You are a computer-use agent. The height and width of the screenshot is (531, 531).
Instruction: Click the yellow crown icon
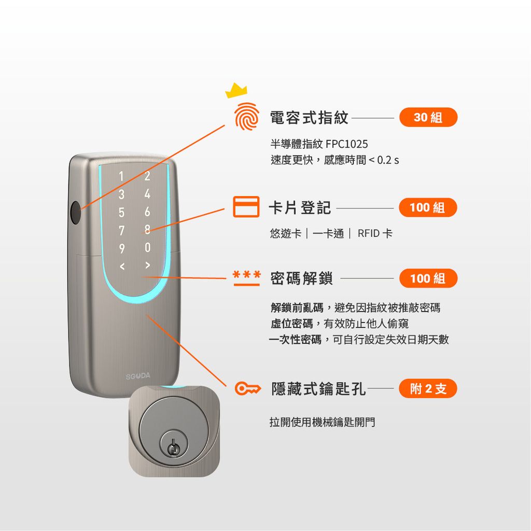(x=236, y=91)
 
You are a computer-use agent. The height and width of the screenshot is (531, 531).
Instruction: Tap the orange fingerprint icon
(x=247, y=117)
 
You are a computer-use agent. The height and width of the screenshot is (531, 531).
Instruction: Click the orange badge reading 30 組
(x=428, y=117)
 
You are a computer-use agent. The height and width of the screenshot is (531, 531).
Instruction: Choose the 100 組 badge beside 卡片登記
(x=428, y=207)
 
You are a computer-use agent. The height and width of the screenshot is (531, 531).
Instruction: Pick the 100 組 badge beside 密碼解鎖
(x=428, y=278)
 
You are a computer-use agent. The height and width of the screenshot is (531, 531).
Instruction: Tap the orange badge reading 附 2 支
(x=428, y=388)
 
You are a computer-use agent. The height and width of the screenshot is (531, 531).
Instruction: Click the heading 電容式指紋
(x=309, y=118)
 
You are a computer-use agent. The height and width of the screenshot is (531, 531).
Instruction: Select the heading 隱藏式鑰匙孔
(x=318, y=389)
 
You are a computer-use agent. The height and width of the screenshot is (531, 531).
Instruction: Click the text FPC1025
(x=347, y=144)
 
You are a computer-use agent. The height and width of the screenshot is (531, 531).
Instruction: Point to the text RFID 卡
(x=375, y=234)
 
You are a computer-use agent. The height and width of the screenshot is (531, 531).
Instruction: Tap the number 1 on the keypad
(x=121, y=177)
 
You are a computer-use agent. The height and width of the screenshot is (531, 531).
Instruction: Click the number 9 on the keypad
(x=121, y=249)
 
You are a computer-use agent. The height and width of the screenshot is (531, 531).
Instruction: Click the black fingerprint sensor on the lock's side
(x=76, y=213)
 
